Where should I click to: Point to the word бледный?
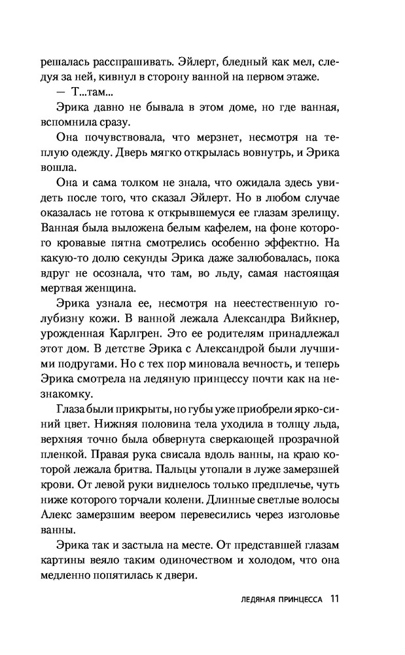click(x=247, y=63)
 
